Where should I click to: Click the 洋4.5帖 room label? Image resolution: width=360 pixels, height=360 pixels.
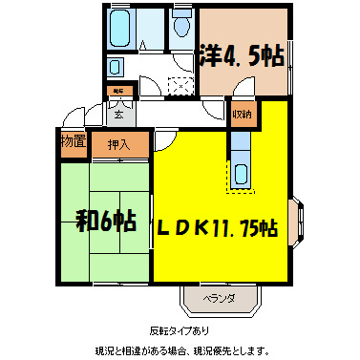pyautogui.click(x=243, y=55)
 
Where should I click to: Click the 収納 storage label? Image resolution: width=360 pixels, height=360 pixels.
pyautogui.click(x=242, y=115)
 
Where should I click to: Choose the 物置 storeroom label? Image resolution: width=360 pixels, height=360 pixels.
pyautogui.click(x=74, y=142)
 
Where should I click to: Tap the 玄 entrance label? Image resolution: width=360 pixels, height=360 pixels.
pyautogui.click(x=118, y=116)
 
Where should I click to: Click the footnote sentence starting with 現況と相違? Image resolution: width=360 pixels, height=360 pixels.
pyautogui.click(x=180, y=349)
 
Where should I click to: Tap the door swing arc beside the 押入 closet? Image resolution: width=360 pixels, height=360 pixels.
pyautogui.click(x=163, y=143)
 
